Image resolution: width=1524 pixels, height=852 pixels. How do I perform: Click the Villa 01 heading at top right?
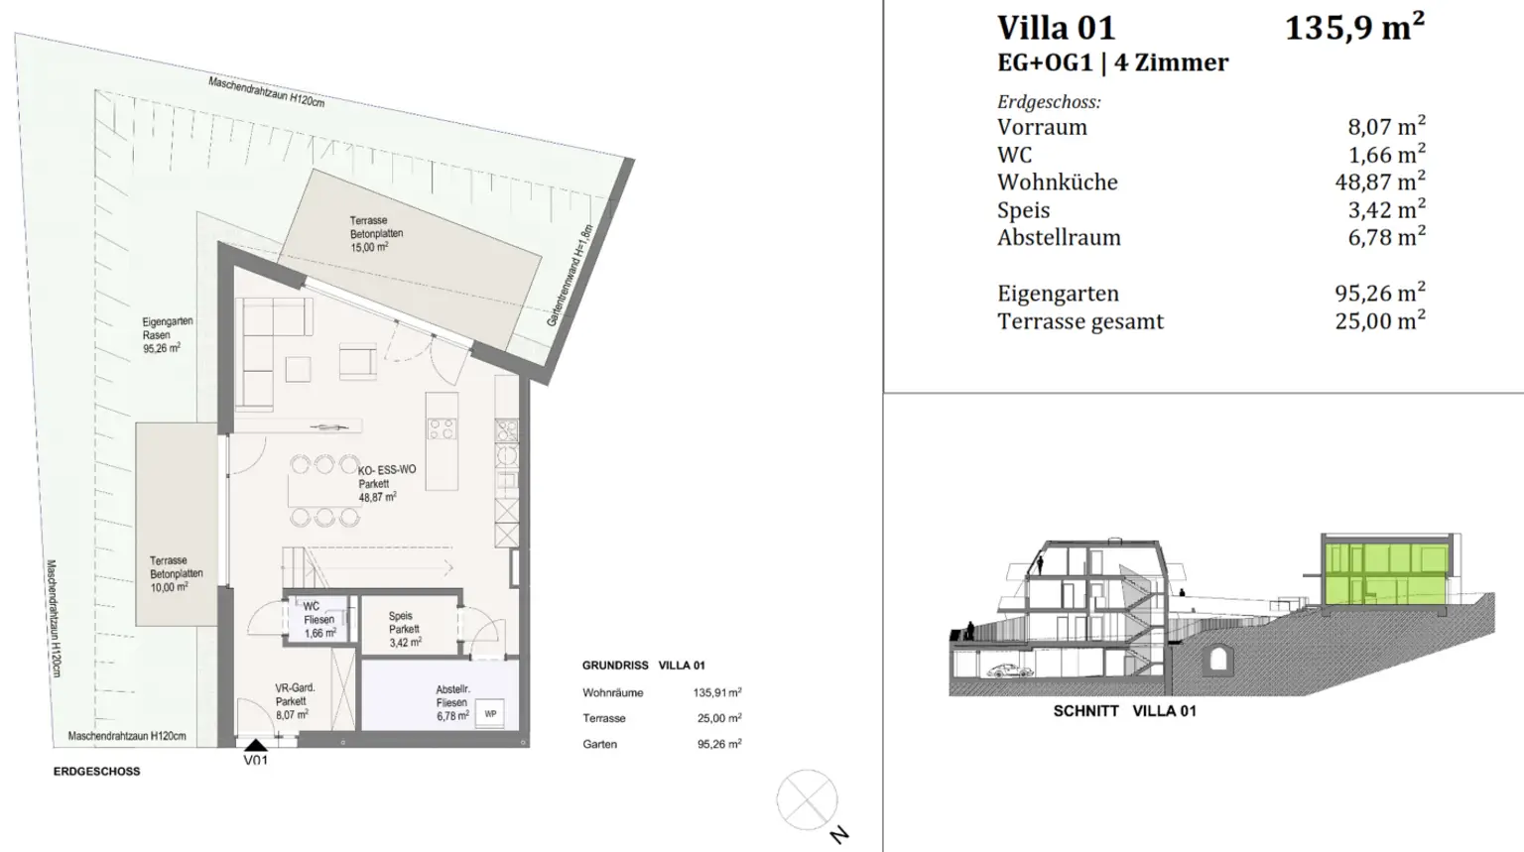[x=1056, y=28]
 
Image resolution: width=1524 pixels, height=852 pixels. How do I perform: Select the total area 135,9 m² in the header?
[x=1354, y=28]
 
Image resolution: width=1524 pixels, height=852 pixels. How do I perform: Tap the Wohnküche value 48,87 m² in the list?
[x=1379, y=183]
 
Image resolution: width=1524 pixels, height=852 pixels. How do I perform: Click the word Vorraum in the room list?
[x=1042, y=127]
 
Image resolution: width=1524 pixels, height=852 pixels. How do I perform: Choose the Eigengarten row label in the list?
[x=1058, y=294]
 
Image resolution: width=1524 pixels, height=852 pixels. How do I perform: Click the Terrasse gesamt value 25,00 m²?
[x=1379, y=321]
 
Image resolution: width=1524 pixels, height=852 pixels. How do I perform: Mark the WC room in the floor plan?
[x=317, y=619]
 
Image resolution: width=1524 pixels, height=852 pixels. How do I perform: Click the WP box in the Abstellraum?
[x=490, y=714]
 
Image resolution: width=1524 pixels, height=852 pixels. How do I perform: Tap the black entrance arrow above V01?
[x=256, y=745]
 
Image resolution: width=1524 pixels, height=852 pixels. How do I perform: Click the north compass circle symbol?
[x=807, y=799]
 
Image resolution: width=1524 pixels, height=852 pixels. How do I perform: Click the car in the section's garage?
[x=1010, y=670]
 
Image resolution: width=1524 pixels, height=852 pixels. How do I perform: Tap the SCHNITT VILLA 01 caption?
[x=1124, y=711]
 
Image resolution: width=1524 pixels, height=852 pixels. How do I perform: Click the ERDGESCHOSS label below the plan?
[x=96, y=771]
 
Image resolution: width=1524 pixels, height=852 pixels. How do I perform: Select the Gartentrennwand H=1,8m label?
[x=570, y=276]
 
